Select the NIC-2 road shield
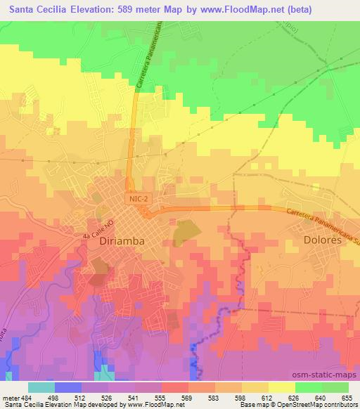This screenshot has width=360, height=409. pos(139,199)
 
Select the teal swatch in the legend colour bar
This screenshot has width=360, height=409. pos(41,387)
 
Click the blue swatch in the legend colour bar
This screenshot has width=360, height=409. pos(68,387)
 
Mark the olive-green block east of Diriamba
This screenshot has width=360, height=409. pos(185,230)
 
